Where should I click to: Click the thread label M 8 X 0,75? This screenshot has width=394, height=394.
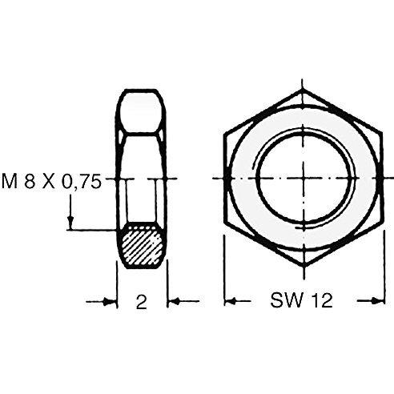[x=52, y=183]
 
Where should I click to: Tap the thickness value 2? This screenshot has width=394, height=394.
[x=142, y=302]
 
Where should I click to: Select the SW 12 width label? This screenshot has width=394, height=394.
[x=301, y=300]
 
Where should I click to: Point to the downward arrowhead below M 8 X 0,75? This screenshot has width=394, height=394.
[x=70, y=223]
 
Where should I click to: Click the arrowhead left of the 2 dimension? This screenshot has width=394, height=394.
[x=110, y=302]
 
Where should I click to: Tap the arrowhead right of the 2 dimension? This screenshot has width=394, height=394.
[x=174, y=302]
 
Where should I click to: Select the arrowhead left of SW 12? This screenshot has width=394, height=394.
[x=231, y=302]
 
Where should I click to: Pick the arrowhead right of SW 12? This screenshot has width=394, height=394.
[x=379, y=301]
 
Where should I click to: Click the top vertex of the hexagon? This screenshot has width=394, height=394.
[x=303, y=90]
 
